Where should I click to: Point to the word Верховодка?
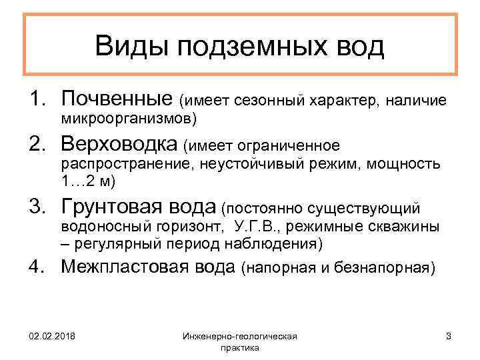pos(120,145)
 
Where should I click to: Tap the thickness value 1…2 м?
pos(85,181)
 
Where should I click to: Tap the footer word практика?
pos(239,349)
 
